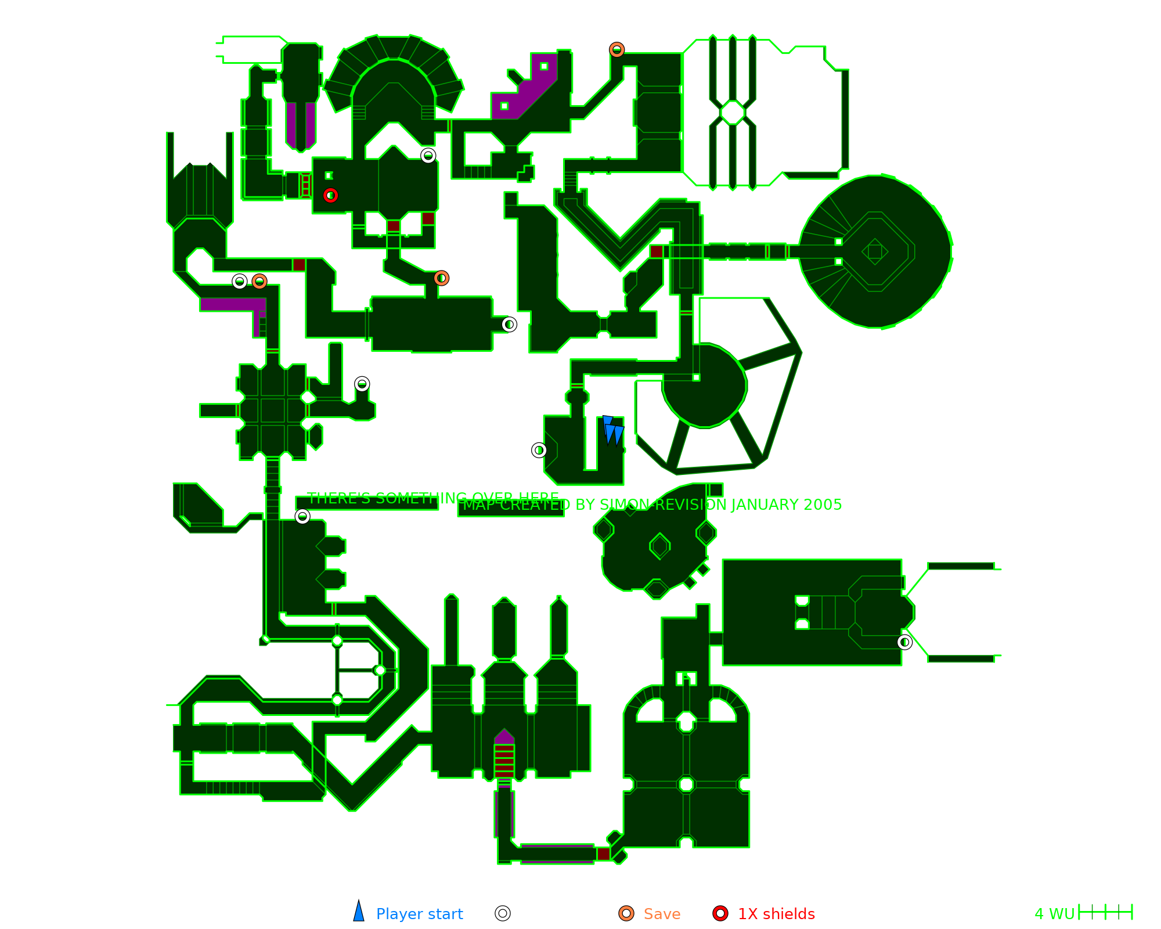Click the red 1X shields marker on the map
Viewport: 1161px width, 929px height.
(330, 195)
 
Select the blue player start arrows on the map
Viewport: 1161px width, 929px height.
(612, 431)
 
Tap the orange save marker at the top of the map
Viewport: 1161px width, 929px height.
(616, 50)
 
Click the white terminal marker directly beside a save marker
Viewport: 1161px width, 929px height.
(239, 282)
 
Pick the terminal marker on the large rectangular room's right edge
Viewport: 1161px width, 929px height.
(904, 642)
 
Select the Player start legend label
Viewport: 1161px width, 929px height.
(419, 914)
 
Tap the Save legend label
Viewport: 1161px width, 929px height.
(662, 914)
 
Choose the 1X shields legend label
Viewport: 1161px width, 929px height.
(776, 914)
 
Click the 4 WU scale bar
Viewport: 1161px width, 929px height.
(1105, 912)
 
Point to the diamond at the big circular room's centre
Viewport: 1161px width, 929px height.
(875, 251)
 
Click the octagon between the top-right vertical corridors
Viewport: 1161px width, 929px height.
(733, 113)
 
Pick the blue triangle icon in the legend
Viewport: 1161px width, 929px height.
(359, 912)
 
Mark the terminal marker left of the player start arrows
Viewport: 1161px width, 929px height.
(539, 450)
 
